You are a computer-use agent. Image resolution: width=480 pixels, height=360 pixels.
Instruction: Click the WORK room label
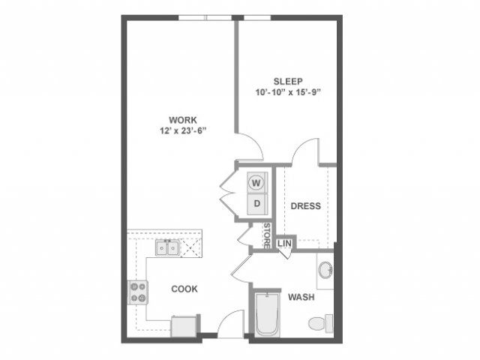[183, 120]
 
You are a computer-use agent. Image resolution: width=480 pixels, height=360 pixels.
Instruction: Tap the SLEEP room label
[288, 82]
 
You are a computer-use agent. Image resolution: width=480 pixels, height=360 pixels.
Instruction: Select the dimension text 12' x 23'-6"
[183, 130]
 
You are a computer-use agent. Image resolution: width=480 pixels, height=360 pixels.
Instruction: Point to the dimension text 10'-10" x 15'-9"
[288, 92]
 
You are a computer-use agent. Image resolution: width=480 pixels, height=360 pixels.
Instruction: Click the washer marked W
[256, 183]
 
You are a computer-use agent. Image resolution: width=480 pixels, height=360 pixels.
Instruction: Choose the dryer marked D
[257, 203]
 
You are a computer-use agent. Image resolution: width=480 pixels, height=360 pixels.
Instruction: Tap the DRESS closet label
[306, 206]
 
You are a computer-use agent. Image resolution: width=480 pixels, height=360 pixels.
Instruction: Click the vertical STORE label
[267, 235]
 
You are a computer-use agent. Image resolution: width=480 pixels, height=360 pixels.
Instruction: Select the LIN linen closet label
[284, 244]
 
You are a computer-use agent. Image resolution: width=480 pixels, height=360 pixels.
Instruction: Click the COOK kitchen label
[184, 289]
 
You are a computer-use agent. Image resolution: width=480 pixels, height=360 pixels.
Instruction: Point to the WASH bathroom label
[301, 297]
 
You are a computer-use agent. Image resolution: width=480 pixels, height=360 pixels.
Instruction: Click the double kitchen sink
[167, 248]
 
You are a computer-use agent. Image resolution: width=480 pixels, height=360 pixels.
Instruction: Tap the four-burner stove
[138, 292]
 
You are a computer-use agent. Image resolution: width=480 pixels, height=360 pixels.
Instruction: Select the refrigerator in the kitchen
[184, 327]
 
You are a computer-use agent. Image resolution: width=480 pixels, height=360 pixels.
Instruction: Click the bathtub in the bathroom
[267, 314]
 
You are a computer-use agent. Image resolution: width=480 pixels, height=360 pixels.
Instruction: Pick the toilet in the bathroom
[320, 323]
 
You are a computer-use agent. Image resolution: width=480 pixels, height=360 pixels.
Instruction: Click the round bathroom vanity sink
[325, 270]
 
